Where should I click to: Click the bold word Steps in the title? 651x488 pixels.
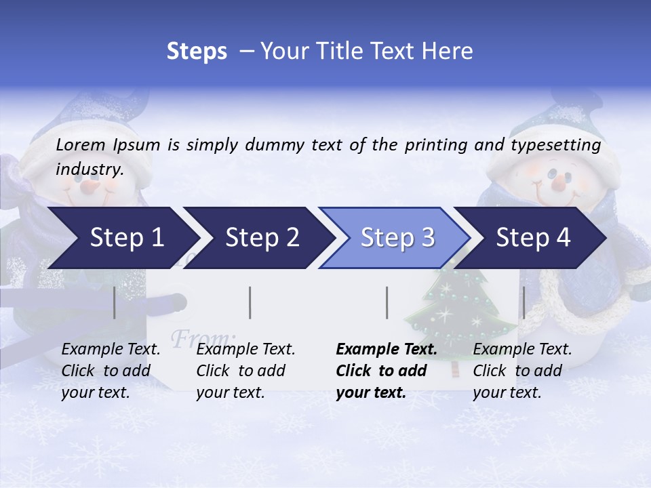pyautogui.click(x=197, y=52)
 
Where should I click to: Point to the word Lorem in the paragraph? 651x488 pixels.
pyautogui.click(x=81, y=144)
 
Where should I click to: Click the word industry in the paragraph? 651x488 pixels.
pyautogui.click(x=89, y=169)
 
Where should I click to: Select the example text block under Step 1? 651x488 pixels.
pyautogui.click(x=111, y=371)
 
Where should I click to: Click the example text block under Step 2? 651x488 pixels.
pyautogui.click(x=245, y=371)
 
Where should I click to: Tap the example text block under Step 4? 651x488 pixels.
pyautogui.click(x=522, y=371)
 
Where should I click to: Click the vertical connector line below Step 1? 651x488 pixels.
pyautogui.click(x=115, y=302)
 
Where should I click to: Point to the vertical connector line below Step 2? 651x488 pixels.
pyautogui.click(x=250, y=302)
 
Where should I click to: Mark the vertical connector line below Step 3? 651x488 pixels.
pyautogui.click(x=387, y=302)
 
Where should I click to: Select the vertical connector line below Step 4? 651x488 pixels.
pyautogui.click(x=524, y=302)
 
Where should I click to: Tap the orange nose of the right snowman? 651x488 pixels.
pyautogui.click(x=558, y=182)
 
